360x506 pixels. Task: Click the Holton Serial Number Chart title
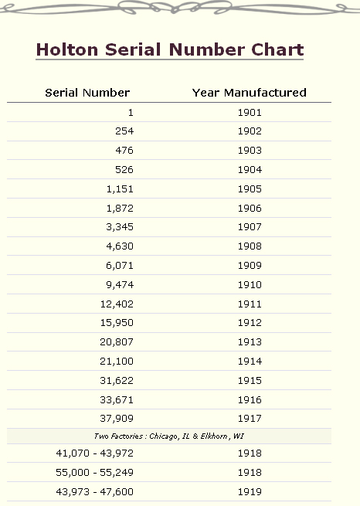(x=170, y=50)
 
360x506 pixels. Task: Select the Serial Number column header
(x=87, y=93)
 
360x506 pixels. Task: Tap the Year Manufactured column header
(x=250, y=93)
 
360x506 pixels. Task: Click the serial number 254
(x=124, y=131)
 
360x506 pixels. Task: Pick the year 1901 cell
(x=250, y=113)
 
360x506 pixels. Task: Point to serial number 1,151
(x=120, y=189)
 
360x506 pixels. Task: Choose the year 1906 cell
(x=250, y=208)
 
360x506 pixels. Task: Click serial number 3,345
(x=120, y=227)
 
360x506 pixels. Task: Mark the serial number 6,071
(x=120, y=266)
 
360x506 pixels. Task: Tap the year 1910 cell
(x=250, y=284)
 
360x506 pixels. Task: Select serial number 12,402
(x=117, y=304)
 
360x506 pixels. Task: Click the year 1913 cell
(x=250, y=341)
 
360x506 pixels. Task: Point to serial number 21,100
(x=117, y=361)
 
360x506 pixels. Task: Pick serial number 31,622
(x=117, y=381)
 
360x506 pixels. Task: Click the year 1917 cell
(x=250, y=419)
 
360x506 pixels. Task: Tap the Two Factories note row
(x=169, y=436)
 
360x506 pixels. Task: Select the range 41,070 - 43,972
(x=94, y=453)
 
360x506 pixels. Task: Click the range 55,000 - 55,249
(x=94, y=473)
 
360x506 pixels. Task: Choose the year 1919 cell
(x=250, y=492)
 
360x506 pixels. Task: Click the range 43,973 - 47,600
(x=94, y=492)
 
